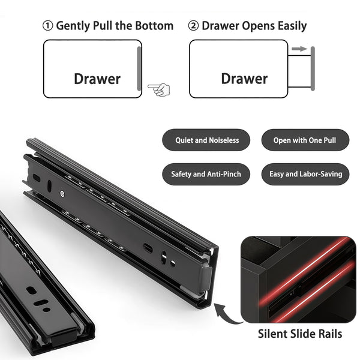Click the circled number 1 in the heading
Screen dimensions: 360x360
[48, 26]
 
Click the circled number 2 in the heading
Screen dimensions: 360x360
[193, 26]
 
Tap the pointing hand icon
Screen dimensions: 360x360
[158, 89]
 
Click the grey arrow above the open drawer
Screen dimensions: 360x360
[299, 49]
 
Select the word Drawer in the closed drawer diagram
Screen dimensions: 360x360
[97, 79]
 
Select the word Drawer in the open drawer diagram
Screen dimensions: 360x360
[244, 79]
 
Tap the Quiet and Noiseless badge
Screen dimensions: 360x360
[206, 140]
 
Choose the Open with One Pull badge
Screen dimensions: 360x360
[305, 140]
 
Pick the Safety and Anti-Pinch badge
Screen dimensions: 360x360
[206, 174]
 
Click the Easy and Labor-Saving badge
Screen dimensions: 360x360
[305, 174]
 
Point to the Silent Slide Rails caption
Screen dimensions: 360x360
[300, 334]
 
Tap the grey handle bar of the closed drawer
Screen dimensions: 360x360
[139, 68]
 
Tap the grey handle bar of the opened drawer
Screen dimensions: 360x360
[313, 68]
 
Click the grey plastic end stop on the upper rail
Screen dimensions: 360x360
[206, 277]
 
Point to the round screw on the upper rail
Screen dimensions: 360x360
[62, 194]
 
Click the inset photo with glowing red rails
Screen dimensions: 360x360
[298, 280]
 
